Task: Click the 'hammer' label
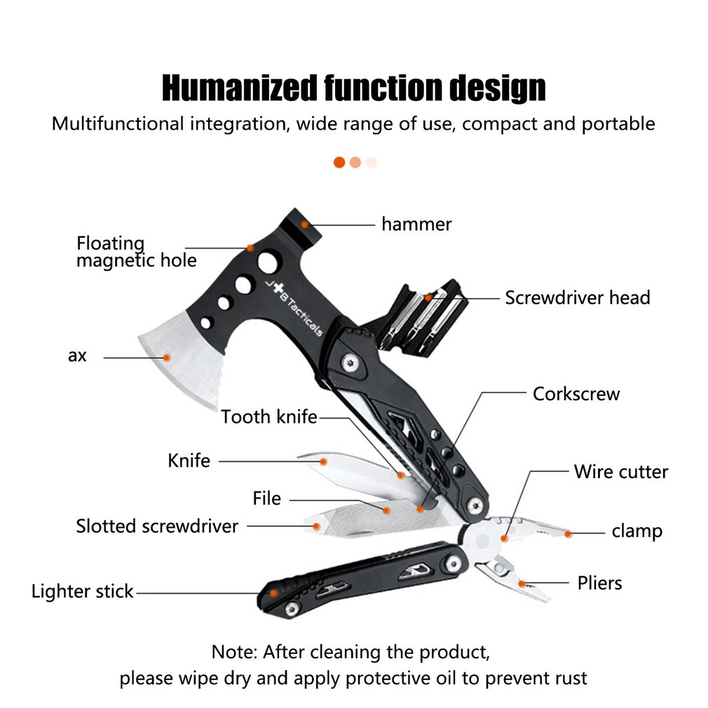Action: pos(416,224)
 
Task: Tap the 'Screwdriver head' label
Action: pos(578,297)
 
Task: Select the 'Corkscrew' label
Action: pos(576,393)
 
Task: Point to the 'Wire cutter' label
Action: pos(621,472)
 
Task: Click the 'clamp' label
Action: pos(636,531)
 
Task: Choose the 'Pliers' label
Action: pos(599,583)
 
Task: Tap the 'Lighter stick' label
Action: pos(82,592)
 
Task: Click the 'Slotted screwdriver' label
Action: pos(157,526)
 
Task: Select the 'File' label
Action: pos(266,498)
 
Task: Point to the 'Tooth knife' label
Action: pos(269,417)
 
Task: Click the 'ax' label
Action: pos(77,355)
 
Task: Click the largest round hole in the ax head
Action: pos(267,264)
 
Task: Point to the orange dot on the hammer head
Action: pos(306,224)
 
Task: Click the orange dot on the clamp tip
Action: pos(568,534)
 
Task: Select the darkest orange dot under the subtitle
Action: pos(339,162)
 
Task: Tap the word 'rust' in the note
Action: pos(568,678)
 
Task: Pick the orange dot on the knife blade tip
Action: pos(324,461)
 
